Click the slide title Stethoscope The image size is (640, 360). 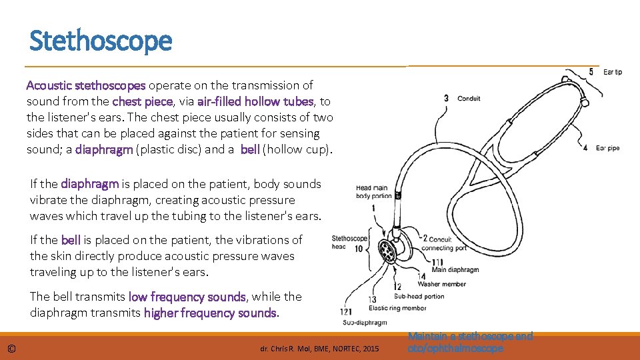pyautogui.click(x=101, y=41)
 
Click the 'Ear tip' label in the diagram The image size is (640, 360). pyautogui.click(x=612, y=72)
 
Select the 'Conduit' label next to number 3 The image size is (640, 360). pyautogui.click(x=469, y=99)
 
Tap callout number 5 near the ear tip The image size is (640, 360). pyautogui.click(x=591, y=71)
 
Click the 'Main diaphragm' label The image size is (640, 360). pyautogui.click(x=455, y=270)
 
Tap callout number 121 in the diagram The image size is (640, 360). pyautogui.click(x=345, y=312)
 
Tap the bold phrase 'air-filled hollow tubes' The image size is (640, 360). pyautogui.click(x=255, y=102)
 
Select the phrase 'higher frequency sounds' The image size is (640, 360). pyautogui.click(x=210, y=313)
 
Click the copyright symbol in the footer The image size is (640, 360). pyautogui.click(x=11, y=349)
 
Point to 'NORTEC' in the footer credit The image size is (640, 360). pyautogui.click(x=345, y=349)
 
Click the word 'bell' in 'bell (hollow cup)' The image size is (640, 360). pyautogui.click(x=250, y=149)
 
